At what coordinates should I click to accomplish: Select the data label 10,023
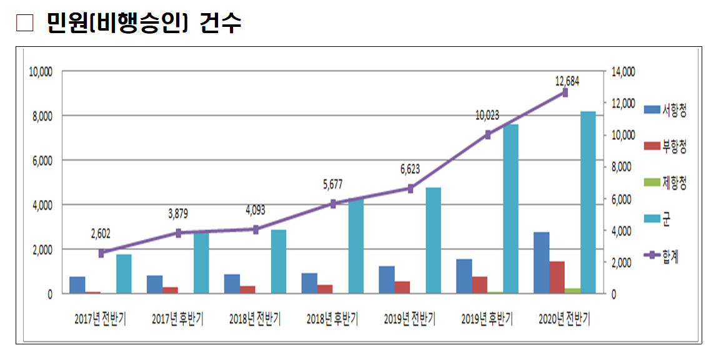(487, 116)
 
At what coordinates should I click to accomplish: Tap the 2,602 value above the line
(100, 234)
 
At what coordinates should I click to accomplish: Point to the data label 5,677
(332, 184)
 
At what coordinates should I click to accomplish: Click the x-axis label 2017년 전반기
(100, 319)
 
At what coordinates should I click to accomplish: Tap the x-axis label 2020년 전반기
(564, 319)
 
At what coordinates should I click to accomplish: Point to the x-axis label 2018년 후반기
(332, 319)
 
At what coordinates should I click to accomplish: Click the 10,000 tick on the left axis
(41, 72)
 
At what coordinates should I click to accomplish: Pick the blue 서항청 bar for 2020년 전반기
(542, 262)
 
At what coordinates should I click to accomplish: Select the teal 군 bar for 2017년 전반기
(124, 274)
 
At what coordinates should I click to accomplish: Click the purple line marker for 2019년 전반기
(410, 188)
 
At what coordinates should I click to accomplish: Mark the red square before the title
(24, 23)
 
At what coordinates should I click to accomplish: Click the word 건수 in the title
(221, 23)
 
